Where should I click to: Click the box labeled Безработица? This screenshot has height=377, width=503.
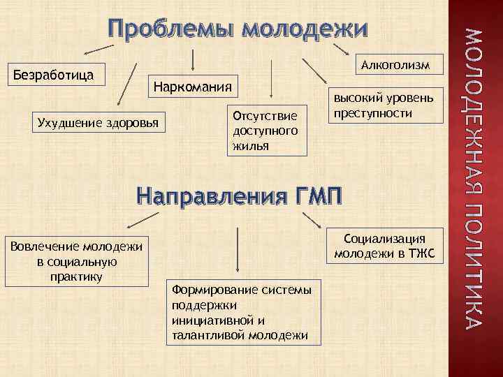coord(54,75)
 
